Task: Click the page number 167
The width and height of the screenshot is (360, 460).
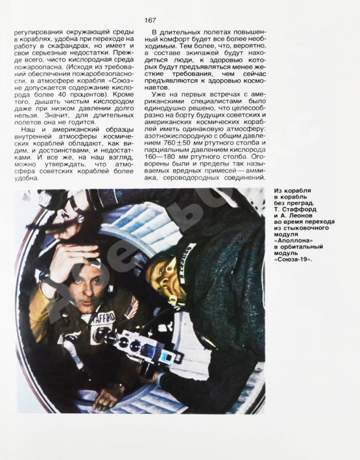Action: pyautogui.click(x=150, y=20)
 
